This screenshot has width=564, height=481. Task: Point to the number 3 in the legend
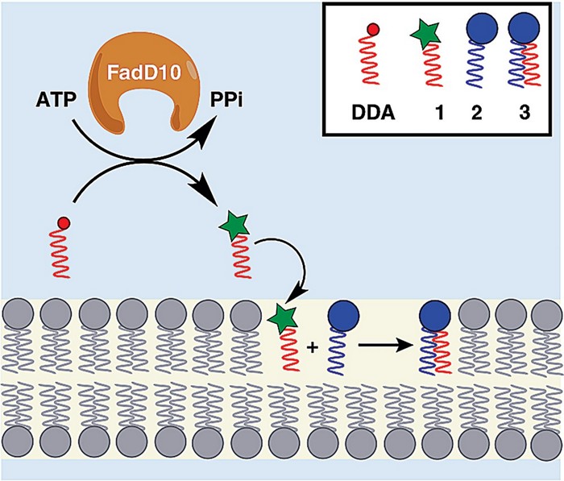[x=525, y=114]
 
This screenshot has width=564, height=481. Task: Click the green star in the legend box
[x=426, y=35]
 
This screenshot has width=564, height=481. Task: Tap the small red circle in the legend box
[x=373, y=31]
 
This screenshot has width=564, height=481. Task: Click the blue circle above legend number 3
[x=523, y=31]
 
